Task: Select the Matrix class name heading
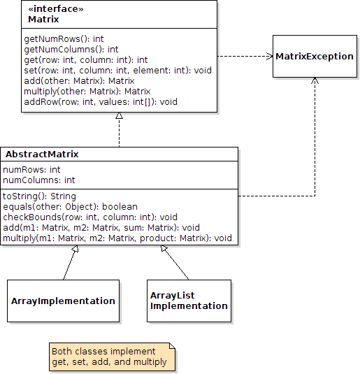click(43, 19)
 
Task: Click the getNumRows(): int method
click(63, 39)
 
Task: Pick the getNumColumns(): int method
click(71, 50)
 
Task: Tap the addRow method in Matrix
click(101, 101)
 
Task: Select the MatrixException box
click(314, 56)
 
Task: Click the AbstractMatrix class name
click(42, 154)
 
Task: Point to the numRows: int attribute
click(31, 170)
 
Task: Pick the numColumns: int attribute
click(39, 180)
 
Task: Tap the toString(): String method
click(40, 196)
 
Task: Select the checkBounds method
click(90, 217)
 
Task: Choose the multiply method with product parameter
click(117, 238)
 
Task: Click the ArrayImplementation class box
click(63, 301)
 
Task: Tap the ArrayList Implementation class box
click(189, 301)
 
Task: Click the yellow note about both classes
click(112, 357)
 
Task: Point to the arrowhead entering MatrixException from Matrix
click(268, 56)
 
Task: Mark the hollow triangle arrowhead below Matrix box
click(120, 117)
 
